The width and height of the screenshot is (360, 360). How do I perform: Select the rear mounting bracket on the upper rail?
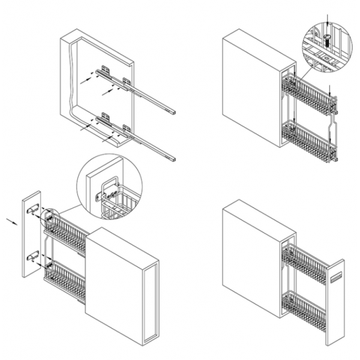pos(106,70)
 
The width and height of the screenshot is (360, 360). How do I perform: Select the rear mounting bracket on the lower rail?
pos(106,115)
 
